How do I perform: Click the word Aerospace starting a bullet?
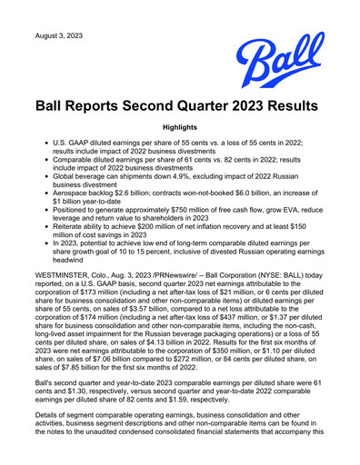tap(79, 204)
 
